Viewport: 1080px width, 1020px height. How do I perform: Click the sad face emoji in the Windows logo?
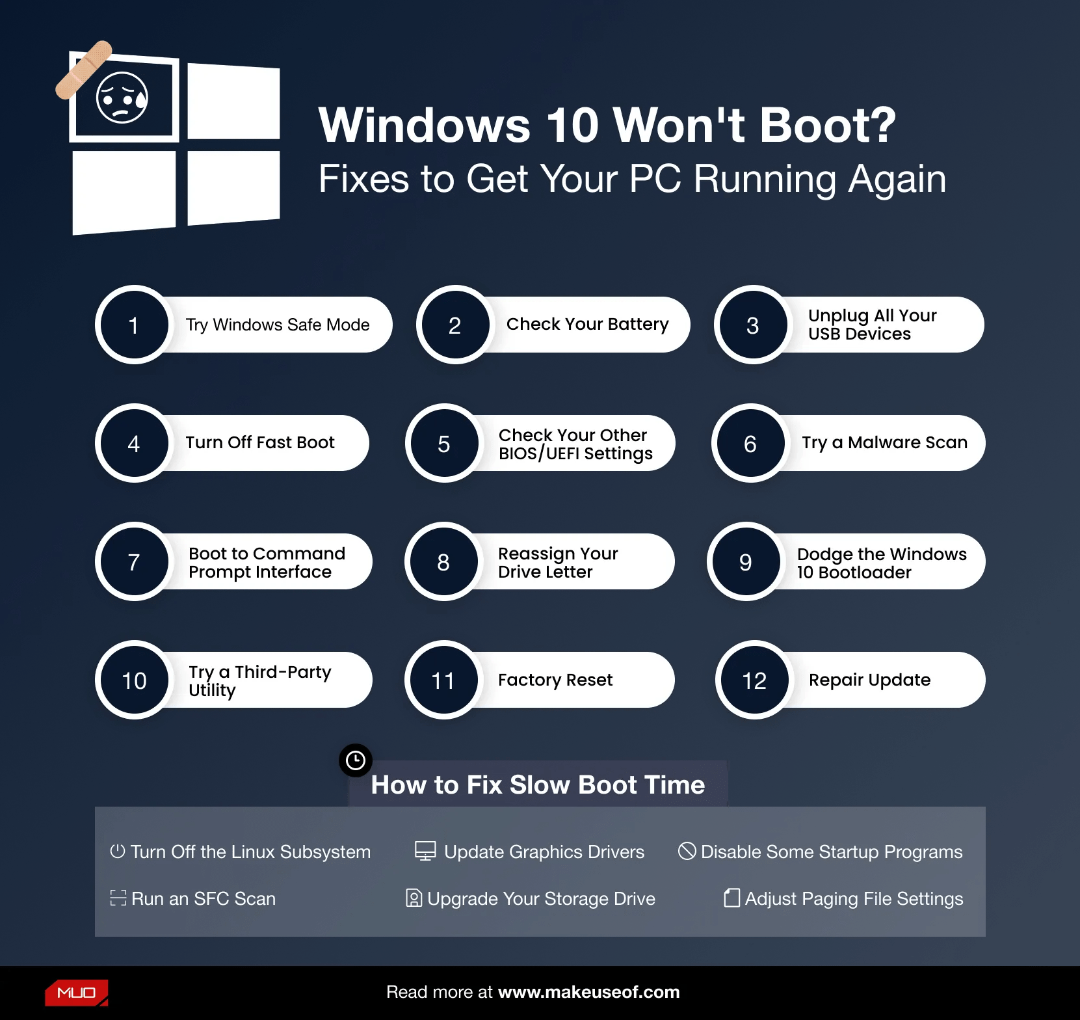pyautogui.click(x=122, y=98)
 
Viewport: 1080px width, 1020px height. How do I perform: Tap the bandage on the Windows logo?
pyautogui.click(x=84, y=70)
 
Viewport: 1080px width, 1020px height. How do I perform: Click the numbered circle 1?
pyautogui.click(x=134, y=325)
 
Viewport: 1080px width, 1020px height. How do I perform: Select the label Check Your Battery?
pyautogui.click(x=587, y=324)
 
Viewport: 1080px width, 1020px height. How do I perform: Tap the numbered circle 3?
pyautogui.click(x=752, y=325)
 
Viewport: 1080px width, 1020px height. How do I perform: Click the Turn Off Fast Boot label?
pyautogui.click(x=259, y=442)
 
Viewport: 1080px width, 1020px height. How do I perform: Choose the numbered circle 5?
pyautogui.click(x=444, y=444)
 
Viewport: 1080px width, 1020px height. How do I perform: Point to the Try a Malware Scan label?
pyautogui.click(x=884, y=442)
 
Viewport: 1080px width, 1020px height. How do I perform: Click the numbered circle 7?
pyautogui.click(x=134, y=561)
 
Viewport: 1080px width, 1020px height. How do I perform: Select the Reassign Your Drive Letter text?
pyautogui.click(x=557, y=562)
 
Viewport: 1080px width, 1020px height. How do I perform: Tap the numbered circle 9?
pyautogui.click(x=745, y=561)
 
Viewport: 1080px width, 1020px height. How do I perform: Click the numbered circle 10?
pyautogui.click(x=134, y=680)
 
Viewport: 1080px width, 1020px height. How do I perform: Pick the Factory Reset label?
pyautogui.click(x=555, y=680)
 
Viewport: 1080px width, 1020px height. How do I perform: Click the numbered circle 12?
pyautogui.click(x=754, y=680)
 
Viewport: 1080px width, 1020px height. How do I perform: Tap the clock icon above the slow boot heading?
pyautogui.click(x=356, y=760)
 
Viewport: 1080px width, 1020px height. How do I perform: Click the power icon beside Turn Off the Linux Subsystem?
pyautogui.click(x=118, y=851)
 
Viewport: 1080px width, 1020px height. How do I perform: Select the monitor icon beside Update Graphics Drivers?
pyautogui.click(x=425, y=851)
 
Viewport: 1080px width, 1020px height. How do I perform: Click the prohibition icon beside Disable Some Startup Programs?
pyautogui.click(x=687, y=851)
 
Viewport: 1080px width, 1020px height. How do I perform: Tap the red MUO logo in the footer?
pyautogui.click(x=77, y=993)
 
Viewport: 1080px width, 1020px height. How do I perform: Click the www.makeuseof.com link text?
pyautogui.click(x=588, y=992)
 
